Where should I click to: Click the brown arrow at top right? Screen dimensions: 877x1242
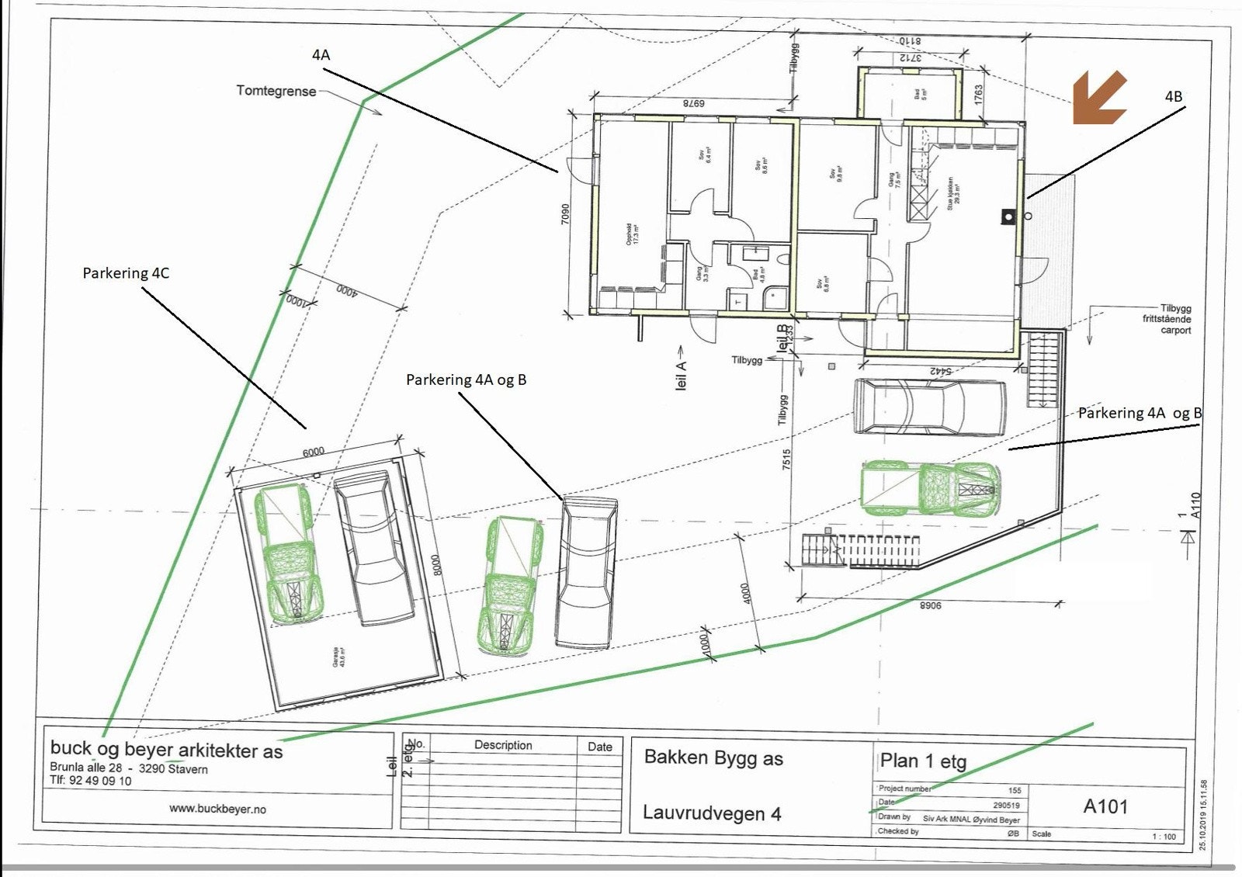(x=1099, y=98)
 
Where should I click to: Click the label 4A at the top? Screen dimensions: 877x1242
(x=321, y=54)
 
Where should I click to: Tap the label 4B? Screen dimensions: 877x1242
(x=1173, y=96)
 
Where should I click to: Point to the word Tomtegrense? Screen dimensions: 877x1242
(x=276, y=91)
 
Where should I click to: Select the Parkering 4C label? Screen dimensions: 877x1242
(x=126, y=273)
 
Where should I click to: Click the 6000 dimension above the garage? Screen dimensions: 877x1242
(x=314, y=452)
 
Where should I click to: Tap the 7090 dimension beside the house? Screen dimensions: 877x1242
(x=565, y=214)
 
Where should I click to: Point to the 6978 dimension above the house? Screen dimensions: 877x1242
(x=692, y=103)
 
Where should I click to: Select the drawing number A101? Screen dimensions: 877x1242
(x=1105, y=806)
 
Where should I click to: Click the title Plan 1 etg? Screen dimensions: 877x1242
(x=923, y=761)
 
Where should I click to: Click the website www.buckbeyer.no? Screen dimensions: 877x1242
(x=217, y=809)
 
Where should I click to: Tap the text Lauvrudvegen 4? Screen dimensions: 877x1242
(x=712, y=813)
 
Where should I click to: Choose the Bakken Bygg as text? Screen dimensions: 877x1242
(x=713, y=758)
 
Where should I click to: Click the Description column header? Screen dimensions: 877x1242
(x=503, y=745)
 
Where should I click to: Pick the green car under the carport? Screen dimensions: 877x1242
(x=931, y=489)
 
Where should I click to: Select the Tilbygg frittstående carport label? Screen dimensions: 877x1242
(x=1166, y=319)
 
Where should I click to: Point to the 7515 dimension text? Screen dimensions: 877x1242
(x=786, y=459)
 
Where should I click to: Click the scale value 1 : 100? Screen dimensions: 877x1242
(x=1164, y=836)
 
